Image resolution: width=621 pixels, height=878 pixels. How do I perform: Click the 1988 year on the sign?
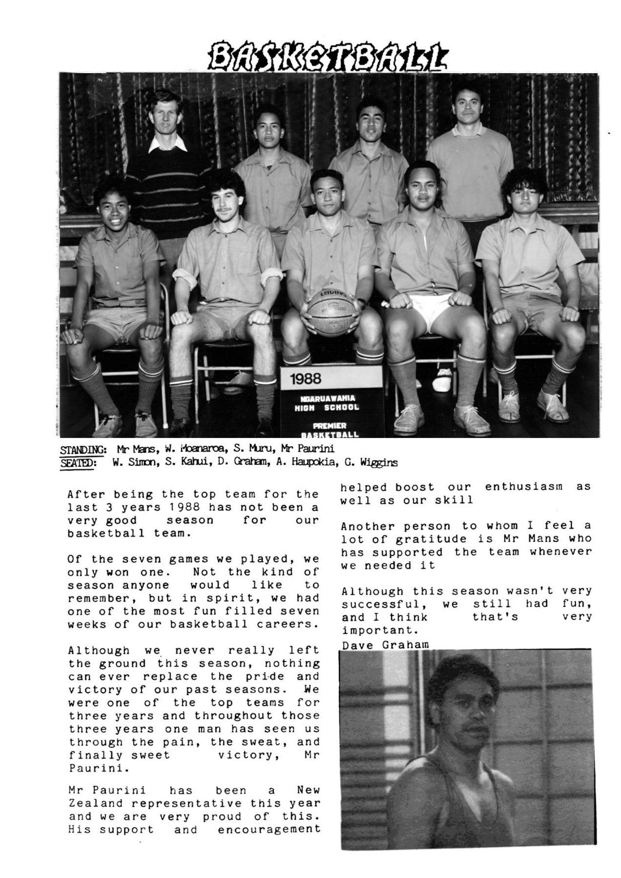point(306,379)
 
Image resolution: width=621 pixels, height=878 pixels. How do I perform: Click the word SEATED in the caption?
point(78,462)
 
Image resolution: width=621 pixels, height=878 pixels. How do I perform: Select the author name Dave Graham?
point(385,645)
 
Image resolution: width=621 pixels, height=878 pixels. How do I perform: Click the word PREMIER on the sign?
point(330,426)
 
